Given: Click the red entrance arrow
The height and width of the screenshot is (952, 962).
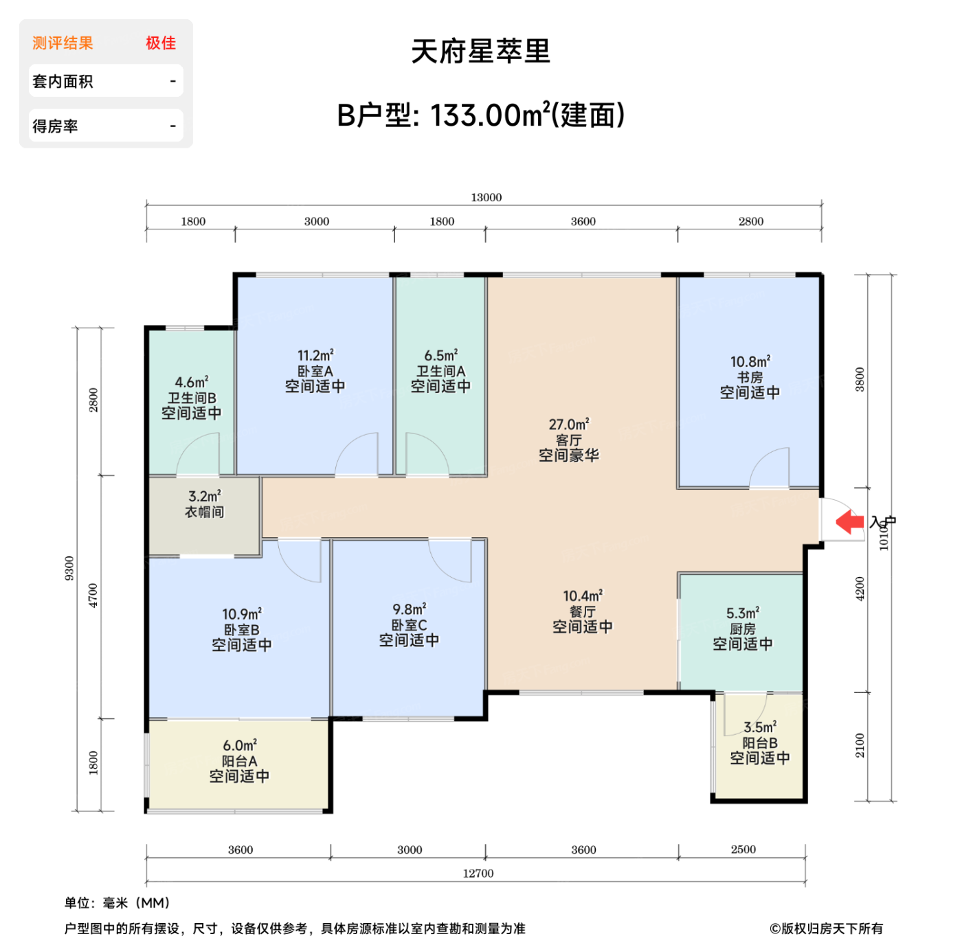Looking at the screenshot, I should tap(850, 521).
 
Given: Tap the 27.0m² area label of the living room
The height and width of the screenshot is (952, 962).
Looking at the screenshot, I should tap(568, 424).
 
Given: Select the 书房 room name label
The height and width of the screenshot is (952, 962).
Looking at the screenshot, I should tap(750, 377).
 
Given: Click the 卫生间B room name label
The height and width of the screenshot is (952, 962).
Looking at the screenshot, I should tap(192, 398).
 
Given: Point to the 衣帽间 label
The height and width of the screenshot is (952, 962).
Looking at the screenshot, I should tap(204, 512).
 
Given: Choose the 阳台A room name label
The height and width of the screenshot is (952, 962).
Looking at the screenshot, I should tap(239, 761).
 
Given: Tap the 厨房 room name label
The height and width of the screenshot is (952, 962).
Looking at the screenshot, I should tap(742, 628).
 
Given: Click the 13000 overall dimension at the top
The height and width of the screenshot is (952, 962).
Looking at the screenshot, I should tap(486, 197).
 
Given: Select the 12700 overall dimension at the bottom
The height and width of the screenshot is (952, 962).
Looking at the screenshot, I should tap(478, 873).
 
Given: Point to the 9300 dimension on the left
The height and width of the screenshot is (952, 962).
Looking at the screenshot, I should tap(69, 568).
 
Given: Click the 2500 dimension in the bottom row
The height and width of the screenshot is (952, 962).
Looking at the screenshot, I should tap(743, 850).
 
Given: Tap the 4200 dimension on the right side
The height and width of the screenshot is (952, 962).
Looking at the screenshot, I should tap(860, 589).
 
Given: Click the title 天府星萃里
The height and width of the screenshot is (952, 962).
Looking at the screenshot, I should tap(481, 52).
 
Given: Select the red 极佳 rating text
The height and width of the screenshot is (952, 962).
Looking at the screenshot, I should tap(161, 43).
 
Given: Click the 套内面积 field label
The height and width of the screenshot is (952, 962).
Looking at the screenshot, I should tap(63, 82).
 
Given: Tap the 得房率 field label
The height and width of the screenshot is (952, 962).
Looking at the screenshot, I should tap(55, 126).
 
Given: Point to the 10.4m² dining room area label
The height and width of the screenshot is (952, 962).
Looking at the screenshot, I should tap(582, 596).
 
